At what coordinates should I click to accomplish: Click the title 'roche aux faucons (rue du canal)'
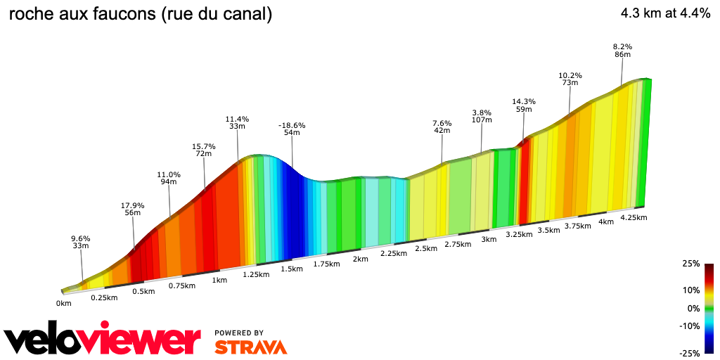(x=140, y=14)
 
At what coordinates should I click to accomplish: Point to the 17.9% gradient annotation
(x=132, y=206)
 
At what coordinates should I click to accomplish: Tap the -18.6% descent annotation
(x=292, y=126)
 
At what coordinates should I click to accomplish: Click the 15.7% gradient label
(x=204, y=147)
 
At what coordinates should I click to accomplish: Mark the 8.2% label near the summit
(x=622, y=47)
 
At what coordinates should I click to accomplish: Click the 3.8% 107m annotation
(x=482, y=112)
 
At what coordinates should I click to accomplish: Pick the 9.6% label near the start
(x=81, y=238)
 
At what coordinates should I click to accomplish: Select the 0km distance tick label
(x=64, y=304)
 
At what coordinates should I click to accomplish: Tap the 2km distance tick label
(x=360, y=259)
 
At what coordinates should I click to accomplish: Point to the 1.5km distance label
(x=291, y=269)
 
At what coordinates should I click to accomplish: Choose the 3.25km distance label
(x=519, y=234)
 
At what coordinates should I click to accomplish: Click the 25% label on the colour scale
(x=691, y=264)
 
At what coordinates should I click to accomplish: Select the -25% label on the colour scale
(x=689, y=353)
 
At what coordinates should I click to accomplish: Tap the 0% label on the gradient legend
(x=693, y=308)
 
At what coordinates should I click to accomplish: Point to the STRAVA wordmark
(x=250, y=347)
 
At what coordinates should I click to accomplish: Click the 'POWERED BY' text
(x=239, y=333)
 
